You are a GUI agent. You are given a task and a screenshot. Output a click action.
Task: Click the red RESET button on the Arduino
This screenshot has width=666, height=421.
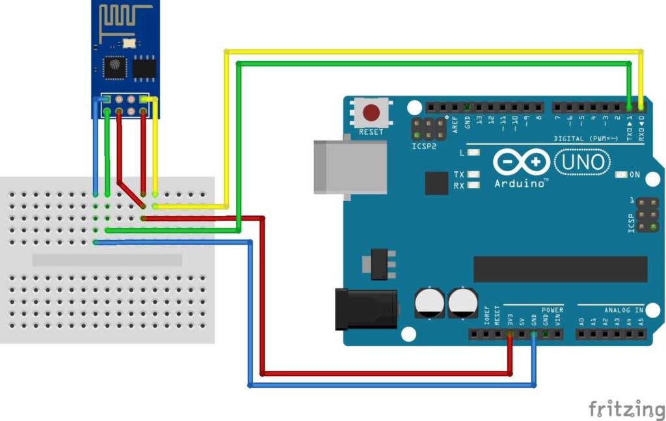[371, 113]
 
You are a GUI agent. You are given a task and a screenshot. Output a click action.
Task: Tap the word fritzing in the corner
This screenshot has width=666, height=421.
[626, 409]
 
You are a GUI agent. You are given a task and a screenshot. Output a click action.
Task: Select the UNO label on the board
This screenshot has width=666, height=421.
[583, 162]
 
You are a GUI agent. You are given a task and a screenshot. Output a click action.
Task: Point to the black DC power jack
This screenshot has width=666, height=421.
[364, 308]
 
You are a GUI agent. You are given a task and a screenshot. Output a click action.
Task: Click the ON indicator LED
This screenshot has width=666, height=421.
[620, 174]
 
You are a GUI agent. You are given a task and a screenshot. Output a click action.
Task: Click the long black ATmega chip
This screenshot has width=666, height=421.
[560, 269]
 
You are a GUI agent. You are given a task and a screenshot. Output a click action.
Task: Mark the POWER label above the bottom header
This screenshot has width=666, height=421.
[552, 310]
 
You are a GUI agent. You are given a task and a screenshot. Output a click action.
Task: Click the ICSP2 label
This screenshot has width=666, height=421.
[424, 146]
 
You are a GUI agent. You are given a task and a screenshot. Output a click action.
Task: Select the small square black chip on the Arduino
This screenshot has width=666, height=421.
[436, 183]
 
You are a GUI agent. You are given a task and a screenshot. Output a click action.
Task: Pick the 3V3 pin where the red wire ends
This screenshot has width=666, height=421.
[510, 334]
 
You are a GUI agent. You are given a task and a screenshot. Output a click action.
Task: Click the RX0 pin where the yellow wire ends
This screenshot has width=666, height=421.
[641, 106]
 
